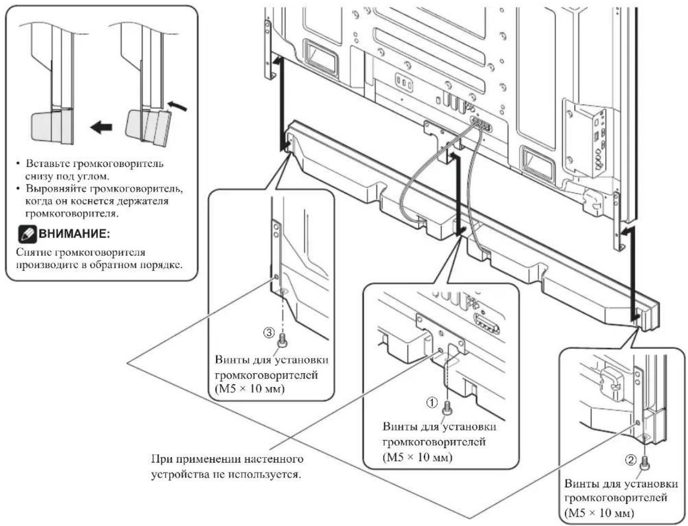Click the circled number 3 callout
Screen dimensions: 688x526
coord(269,332)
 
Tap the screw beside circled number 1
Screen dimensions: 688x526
coord(447,408)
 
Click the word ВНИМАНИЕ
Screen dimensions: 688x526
coord(74,234)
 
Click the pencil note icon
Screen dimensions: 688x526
coord(27,234)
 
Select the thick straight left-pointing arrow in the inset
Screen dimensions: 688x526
coord(101,127)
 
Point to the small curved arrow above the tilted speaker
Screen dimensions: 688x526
coord(177,106)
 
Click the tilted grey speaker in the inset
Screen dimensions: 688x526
coord(148,127)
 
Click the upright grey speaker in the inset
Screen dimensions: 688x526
coord(52,126)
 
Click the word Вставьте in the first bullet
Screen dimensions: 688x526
coord(46,163)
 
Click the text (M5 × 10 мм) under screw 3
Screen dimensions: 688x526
coord(250,389)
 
